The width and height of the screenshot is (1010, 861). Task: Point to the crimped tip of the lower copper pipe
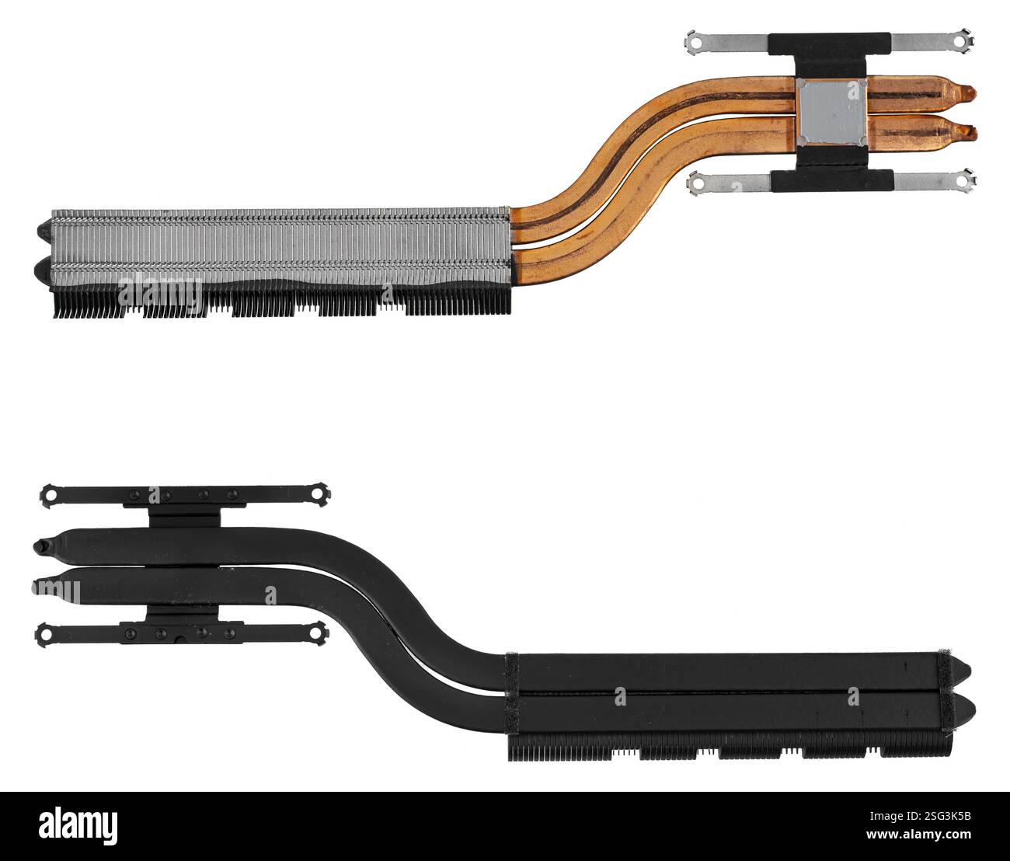[969, 132]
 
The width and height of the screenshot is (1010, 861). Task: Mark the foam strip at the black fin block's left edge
[511, 695]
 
